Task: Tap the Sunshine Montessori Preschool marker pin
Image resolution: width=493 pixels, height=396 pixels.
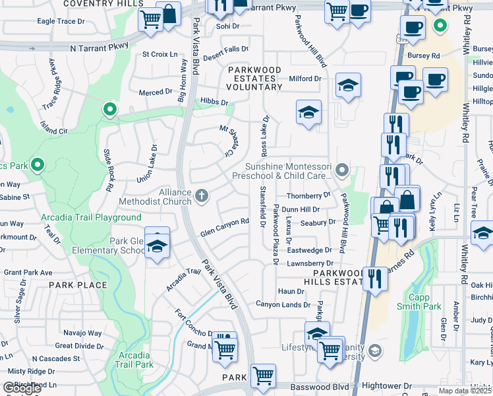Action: click(341, 171)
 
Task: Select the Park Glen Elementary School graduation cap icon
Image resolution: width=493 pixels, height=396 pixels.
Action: click(157, 247)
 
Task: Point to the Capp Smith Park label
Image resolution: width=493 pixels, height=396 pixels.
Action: click(419, 302)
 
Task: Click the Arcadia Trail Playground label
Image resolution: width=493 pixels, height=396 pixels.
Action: click(99, 217)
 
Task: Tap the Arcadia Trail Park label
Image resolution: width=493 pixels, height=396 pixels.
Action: click(135, 360)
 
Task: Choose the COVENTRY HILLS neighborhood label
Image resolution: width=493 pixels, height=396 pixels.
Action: click(104, 3)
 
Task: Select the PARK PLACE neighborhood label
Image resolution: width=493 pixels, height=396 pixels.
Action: click(78, 285)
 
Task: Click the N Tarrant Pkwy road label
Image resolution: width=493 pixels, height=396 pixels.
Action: click(99, 48)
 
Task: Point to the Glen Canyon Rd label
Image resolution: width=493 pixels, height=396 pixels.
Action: click(224, 228)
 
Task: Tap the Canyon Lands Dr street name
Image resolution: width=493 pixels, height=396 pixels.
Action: click(283, 304)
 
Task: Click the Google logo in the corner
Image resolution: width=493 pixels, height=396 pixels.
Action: click(22, 388)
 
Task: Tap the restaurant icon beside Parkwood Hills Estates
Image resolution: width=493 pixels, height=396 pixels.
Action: click(375, 277)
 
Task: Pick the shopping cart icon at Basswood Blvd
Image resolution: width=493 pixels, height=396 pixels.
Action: click(264, 376)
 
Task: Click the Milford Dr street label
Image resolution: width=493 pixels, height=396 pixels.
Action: click(304, 79)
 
